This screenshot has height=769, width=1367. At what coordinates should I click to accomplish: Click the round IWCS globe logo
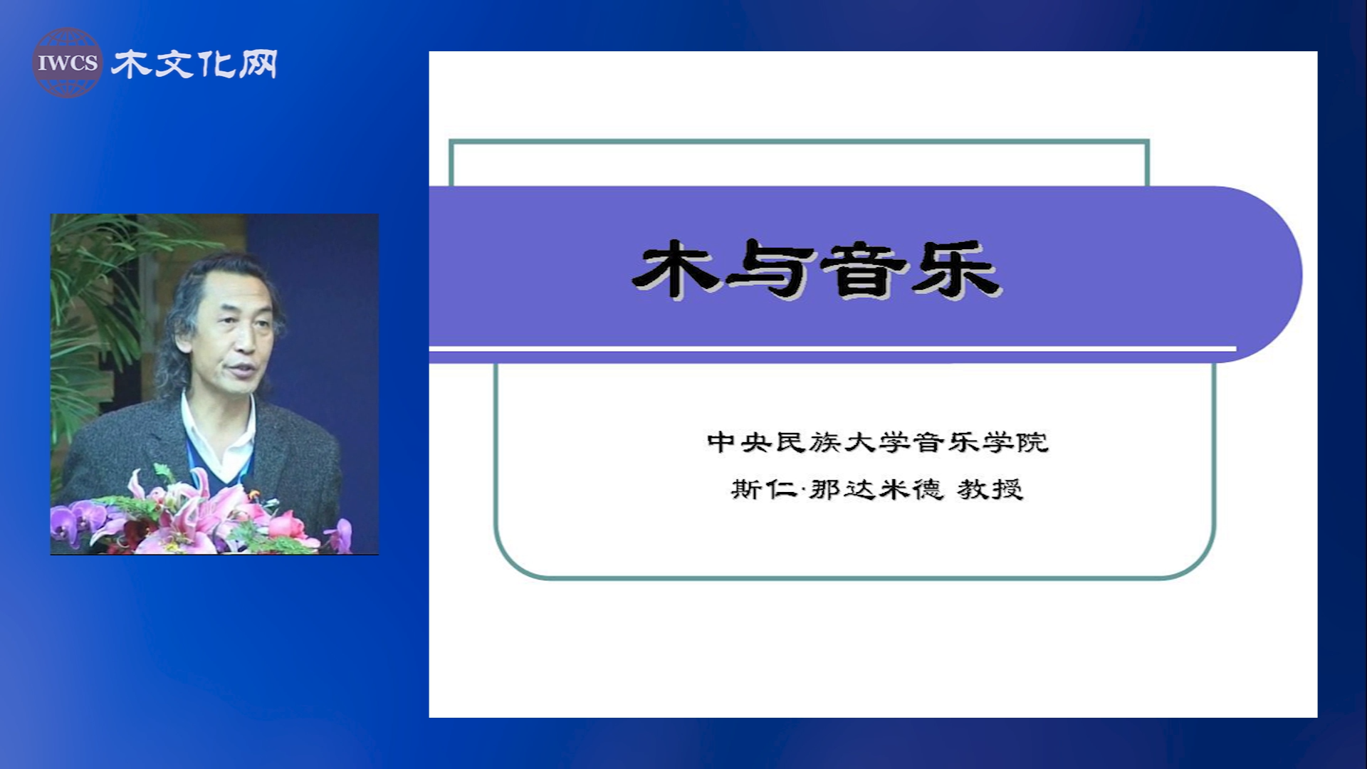68,63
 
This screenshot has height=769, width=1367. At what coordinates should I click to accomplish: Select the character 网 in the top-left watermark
258,64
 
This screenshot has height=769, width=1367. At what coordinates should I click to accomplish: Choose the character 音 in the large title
864,268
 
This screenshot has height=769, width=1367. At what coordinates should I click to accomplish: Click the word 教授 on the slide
990,489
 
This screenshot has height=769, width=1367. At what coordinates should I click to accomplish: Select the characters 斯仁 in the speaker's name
764,489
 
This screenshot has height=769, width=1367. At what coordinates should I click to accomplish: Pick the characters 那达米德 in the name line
876,489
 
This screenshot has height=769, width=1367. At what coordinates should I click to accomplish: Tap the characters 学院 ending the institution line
1015,442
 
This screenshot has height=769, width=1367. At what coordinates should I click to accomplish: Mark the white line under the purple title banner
832,348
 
